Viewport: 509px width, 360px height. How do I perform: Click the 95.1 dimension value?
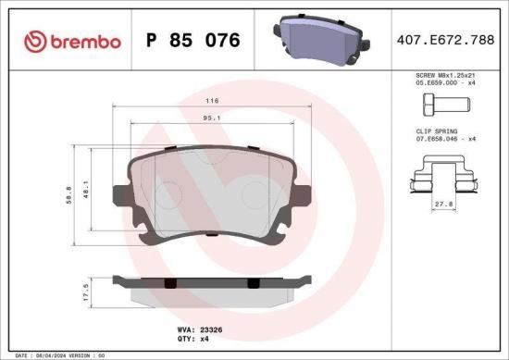[x=212, y=118]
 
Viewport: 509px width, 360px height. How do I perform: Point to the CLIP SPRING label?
[x=435, y=131]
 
